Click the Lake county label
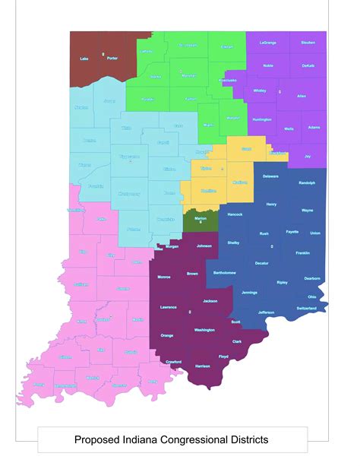pos(84,58)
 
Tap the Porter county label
pos(112,58)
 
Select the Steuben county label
pos(308,43)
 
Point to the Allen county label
pos(302,96)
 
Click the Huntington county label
pos(262,119)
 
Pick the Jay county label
pos(308,156)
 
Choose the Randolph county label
pos(307,183)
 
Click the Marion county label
pos(201,219)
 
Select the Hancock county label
pos(235,214)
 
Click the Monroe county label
pos(164,277)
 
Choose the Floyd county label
pos(223,356)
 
